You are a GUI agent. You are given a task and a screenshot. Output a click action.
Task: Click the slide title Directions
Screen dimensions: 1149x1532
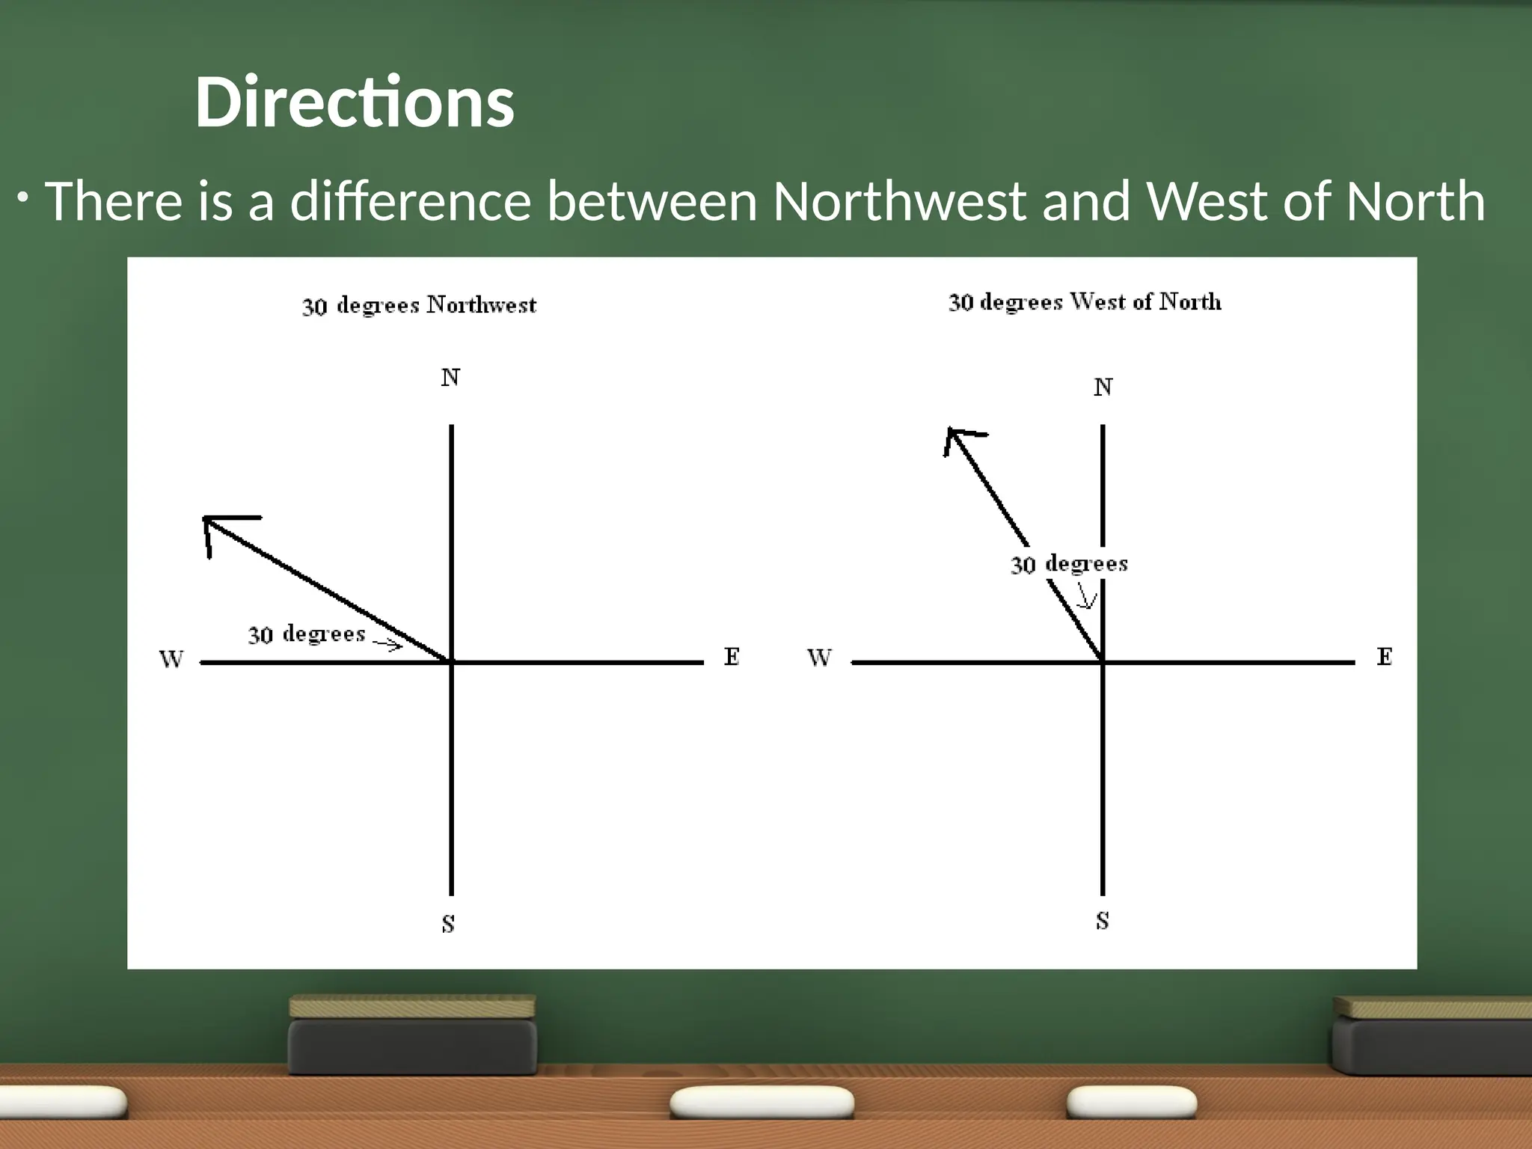point(355,102)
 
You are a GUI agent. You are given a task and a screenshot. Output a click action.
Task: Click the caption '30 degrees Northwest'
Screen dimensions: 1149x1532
point(419,305)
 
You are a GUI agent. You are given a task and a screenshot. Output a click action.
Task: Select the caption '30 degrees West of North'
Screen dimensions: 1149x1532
point(1085,302)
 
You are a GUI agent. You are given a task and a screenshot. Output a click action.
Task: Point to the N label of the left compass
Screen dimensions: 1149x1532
point(450,378)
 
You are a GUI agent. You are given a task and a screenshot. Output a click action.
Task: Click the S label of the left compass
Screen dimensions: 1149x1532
point(448,925)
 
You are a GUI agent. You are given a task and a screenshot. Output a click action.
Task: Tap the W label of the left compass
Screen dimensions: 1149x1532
point(171,659)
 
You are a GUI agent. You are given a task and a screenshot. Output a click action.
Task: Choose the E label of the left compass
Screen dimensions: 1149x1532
point(732,657)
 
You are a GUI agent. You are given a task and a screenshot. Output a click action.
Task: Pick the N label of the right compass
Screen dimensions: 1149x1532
point(1103,387)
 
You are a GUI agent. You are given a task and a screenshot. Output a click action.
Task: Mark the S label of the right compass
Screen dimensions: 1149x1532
point(1102,921)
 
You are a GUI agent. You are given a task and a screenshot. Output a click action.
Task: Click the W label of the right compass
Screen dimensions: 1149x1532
point(819,658)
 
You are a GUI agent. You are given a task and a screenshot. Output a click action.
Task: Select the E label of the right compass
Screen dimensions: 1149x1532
point(1385,657)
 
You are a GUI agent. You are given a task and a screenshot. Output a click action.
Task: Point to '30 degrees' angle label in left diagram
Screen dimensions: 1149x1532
point(307,634)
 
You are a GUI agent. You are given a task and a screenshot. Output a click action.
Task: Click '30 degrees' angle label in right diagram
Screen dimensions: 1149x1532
point(1069,563)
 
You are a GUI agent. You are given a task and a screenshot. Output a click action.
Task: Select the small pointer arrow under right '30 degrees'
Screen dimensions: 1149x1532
point(1087,597)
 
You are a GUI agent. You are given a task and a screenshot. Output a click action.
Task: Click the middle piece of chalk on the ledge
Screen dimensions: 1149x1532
point(762,1103)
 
